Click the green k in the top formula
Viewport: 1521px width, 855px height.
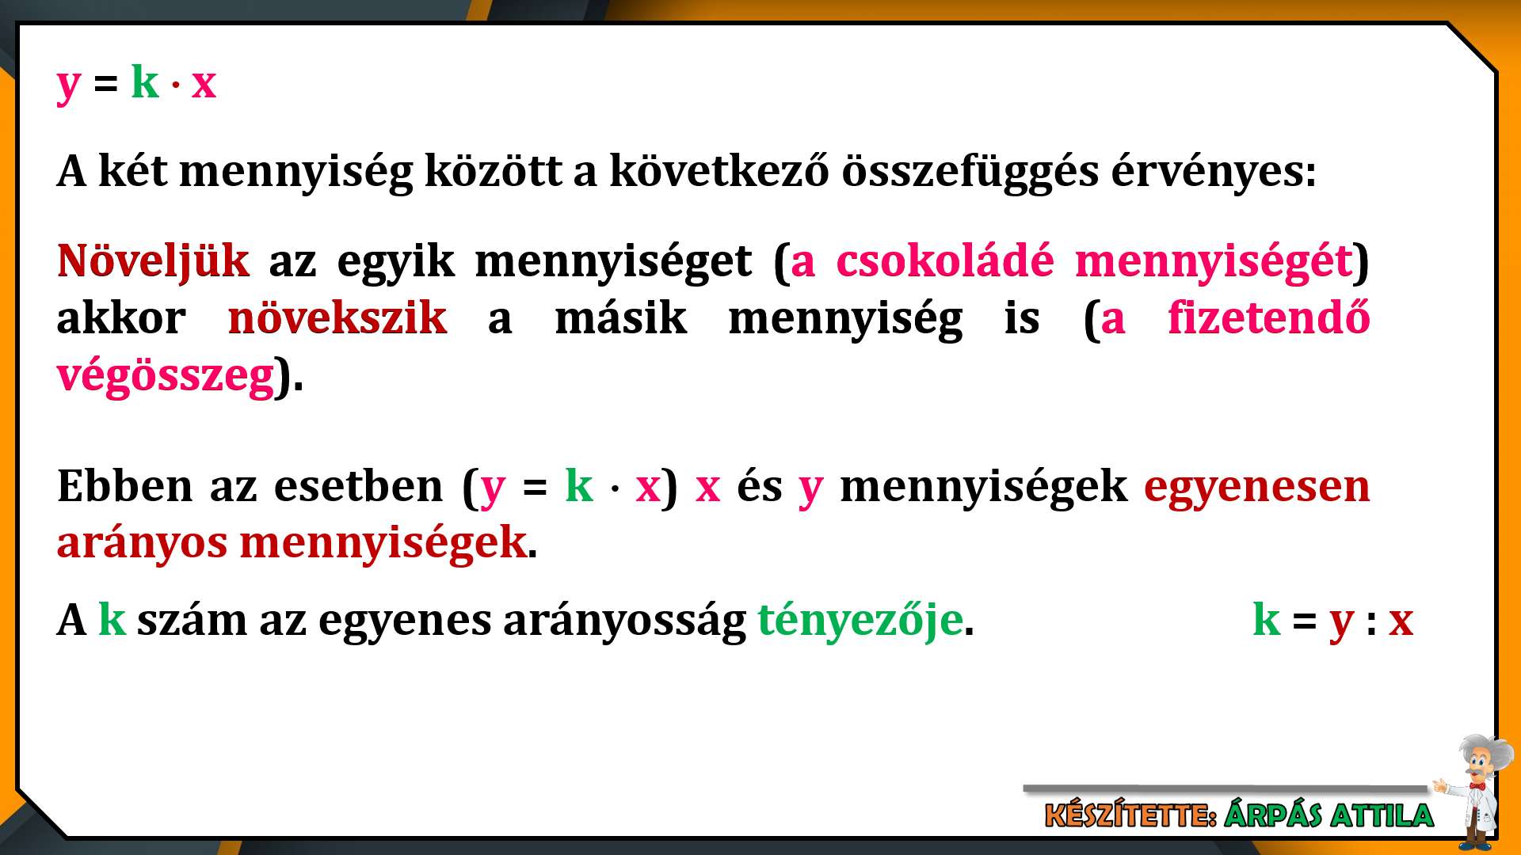coord(145,82)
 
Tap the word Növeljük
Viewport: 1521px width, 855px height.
coord(153,260)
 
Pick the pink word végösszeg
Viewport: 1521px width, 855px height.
coord(166,376)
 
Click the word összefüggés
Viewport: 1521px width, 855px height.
coord(970,172)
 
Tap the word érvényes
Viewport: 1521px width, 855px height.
coord(1207,172)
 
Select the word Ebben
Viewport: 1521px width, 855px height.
coord(124,485)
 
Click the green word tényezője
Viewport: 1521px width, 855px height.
coord(860,620)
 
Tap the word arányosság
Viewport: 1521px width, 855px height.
coord(624,621)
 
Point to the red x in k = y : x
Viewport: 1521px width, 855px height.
coord(1401,621)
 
